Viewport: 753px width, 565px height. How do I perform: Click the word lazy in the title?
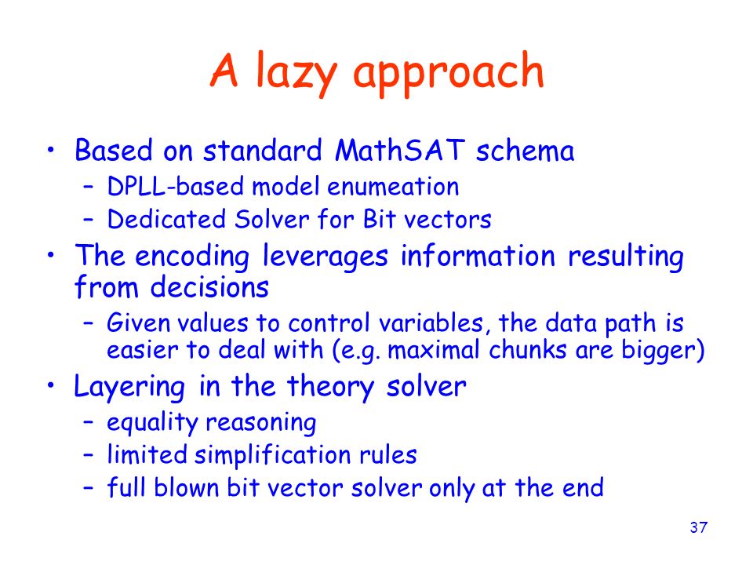click(286, 73)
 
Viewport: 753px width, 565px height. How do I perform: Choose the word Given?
click(131, 323)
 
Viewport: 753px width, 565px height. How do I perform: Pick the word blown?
click(184, 487)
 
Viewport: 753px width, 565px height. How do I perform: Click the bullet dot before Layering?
click(52, 385)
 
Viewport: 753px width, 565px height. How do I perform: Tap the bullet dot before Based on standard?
click(52, 148)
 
